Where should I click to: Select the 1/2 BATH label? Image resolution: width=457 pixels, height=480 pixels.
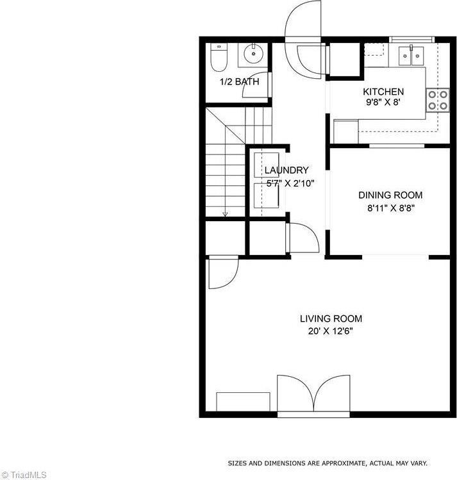click(239, 82)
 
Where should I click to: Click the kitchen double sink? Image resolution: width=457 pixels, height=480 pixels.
click(410, 56)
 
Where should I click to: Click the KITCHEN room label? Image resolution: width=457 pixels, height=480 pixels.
click(383, 92)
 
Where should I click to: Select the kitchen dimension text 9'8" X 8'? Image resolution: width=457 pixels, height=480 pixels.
click(383, 103)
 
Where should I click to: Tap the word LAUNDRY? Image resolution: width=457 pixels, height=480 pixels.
click(287, 170)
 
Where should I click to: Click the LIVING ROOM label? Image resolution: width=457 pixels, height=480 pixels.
click(331, 319)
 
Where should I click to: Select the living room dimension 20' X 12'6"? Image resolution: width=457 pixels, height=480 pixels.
click(331, 331)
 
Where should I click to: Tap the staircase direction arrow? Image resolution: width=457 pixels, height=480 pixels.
click(225, 213)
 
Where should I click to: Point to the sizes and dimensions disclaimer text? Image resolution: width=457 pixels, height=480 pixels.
click(328, 463)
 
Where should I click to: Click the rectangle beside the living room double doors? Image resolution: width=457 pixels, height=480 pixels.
click(243, 402)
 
